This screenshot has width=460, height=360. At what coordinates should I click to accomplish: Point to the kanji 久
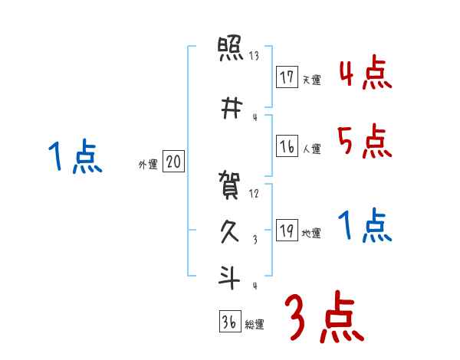[230, 231]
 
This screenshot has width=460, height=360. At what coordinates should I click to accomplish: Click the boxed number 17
[287, 77]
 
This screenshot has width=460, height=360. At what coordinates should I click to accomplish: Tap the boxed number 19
[287, 231]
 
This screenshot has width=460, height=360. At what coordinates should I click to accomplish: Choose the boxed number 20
[173, 162]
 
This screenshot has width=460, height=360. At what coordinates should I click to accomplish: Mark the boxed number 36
[229, 322]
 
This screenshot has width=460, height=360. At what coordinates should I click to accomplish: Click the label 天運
[311, 80]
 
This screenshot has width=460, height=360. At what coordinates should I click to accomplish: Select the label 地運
[311, 233]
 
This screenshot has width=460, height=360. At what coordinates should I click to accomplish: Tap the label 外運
[147, 164]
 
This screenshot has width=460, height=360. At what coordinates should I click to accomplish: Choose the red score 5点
[365, 142]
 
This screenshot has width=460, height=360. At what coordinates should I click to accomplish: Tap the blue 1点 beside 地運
[365, 226]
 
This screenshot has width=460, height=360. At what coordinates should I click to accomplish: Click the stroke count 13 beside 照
[254, 55]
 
